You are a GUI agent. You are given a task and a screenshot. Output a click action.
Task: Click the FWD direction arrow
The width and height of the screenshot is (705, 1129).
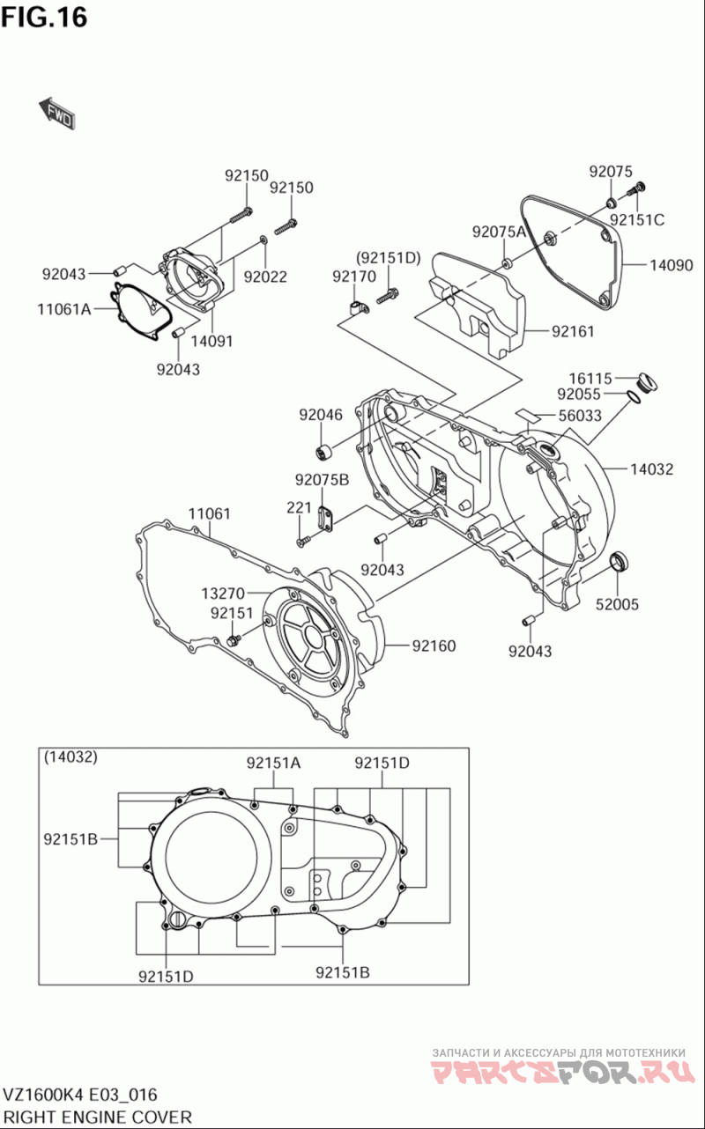[57, 113]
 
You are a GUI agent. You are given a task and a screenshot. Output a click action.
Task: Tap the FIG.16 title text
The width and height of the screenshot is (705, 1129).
[44, 18]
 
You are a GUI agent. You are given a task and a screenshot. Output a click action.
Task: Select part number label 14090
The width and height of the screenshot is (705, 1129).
[671, 265]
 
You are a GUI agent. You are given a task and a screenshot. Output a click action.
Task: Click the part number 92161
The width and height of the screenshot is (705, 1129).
[573, 331]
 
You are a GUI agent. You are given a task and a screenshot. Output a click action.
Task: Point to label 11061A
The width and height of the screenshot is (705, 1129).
[64, 309]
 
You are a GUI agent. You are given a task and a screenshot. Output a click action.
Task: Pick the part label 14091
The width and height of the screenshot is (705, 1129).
[211, 341]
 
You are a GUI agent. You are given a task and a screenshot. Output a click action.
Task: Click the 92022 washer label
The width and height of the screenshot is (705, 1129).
[265, 277]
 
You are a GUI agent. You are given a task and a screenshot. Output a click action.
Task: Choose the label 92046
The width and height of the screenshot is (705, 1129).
[321, 415]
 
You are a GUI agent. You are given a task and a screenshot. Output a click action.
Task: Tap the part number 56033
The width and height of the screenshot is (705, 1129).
[580, 416]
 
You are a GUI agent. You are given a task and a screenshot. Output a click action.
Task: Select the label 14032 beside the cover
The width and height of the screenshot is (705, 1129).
[651, 469]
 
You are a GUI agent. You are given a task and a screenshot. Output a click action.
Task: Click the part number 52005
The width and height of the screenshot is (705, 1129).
[617, 604]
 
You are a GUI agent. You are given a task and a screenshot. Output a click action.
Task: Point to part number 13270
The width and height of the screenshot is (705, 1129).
[223, 594]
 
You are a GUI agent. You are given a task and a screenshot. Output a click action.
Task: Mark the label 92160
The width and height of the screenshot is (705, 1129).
[434, 646]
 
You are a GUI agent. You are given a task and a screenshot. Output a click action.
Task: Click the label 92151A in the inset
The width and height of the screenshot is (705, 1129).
[273, 763]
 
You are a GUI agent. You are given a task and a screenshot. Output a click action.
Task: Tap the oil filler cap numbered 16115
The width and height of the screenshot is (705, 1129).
[648, 382]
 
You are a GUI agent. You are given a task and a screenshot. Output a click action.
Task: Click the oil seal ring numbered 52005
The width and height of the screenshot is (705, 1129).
[620, 562]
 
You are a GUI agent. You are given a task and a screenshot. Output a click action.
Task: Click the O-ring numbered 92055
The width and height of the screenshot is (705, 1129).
[634, 397]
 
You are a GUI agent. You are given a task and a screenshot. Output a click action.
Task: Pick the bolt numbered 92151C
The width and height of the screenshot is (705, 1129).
[637, 189]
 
